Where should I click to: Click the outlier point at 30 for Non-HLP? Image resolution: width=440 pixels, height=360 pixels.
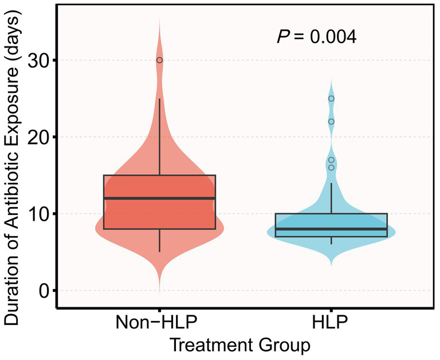click(159, 60)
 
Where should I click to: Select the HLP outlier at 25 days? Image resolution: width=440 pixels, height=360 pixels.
click(331, 99)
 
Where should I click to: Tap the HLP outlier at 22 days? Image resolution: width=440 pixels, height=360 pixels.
click(331, 122)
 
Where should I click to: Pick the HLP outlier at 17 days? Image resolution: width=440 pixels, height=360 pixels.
click(331, 160)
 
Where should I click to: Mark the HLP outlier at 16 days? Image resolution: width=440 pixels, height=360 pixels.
click(331, 167)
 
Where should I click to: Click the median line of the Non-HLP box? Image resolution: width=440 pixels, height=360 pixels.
click(159, 198)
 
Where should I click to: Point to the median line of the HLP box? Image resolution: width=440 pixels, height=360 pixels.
click(331, 229)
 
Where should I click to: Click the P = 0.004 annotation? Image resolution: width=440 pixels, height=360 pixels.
click(317, 37)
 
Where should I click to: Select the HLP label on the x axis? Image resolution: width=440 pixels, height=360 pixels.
click(331, 323)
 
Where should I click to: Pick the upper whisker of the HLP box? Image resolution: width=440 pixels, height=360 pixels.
click(331, 198)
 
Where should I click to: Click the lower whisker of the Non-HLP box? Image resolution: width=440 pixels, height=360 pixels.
click(159, 241)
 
